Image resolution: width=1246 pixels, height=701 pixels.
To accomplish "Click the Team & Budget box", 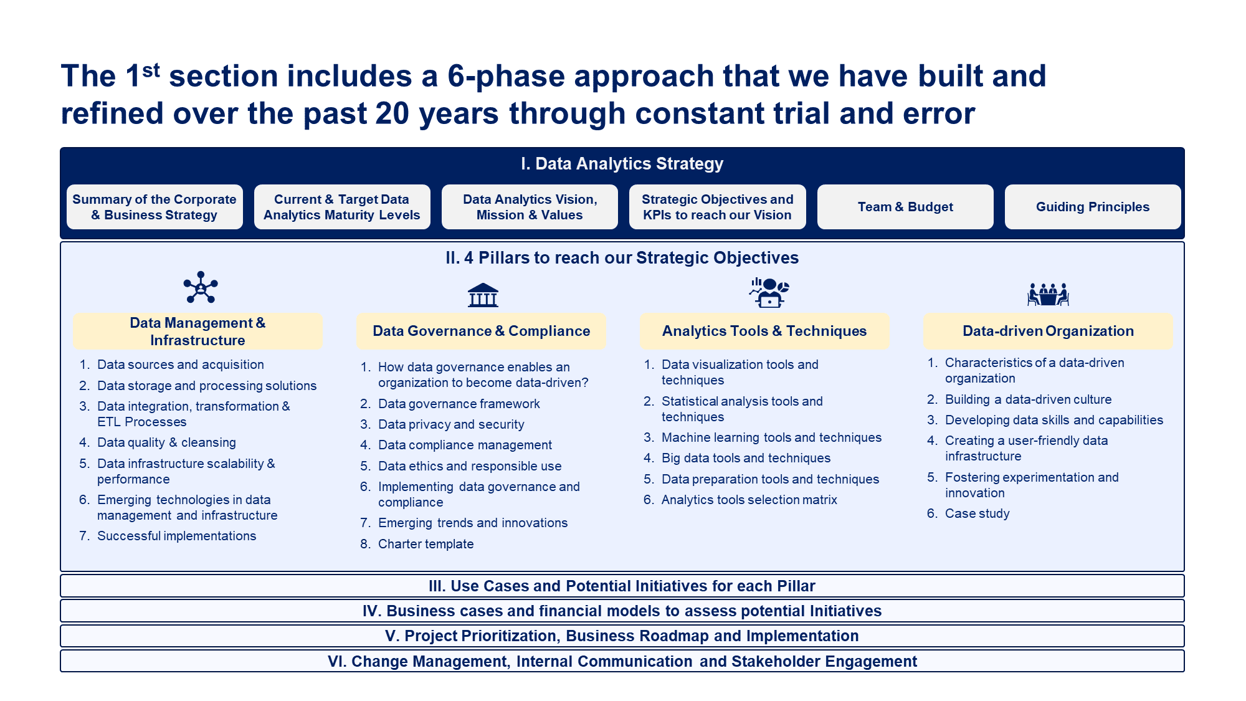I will (x=905, y=207).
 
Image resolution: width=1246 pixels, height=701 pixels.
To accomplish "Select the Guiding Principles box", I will (x=1092, y=207).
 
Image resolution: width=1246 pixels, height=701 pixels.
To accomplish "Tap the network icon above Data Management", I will (x=201, y=287).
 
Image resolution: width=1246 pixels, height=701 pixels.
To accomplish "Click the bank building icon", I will (x=483, y=295).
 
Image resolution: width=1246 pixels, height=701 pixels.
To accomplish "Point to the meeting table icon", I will (x=1048, y=294).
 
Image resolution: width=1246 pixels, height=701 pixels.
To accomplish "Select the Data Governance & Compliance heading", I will (x=481, y=331).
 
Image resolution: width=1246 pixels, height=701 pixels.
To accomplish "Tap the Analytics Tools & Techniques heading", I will (x=764, y=331).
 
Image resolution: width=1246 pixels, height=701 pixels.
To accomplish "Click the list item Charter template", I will (x=426, y=544).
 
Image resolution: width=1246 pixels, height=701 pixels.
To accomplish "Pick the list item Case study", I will (x=977, y=513).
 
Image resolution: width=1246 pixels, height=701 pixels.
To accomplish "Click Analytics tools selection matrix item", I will (x=749, y=500).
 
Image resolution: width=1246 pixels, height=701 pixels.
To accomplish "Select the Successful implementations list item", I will (x=176, y=536).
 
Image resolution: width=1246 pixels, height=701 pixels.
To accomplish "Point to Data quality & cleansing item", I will (x=166, y=442).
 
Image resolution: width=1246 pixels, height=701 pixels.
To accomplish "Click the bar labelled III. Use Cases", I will (x=622, y=586).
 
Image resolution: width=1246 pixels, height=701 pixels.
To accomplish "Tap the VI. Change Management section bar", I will (x=622, y=661).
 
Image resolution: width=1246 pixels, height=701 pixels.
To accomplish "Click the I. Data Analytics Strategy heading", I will (x=622, y=164).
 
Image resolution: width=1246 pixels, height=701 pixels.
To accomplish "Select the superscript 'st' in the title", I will (x=151, y=70).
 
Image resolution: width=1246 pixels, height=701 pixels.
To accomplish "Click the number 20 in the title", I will (x=392, y=113).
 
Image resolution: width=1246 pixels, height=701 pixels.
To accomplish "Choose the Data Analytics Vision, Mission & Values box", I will (x=530, y=207).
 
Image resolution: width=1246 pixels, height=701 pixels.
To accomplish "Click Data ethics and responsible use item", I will (x=469, y=466).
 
